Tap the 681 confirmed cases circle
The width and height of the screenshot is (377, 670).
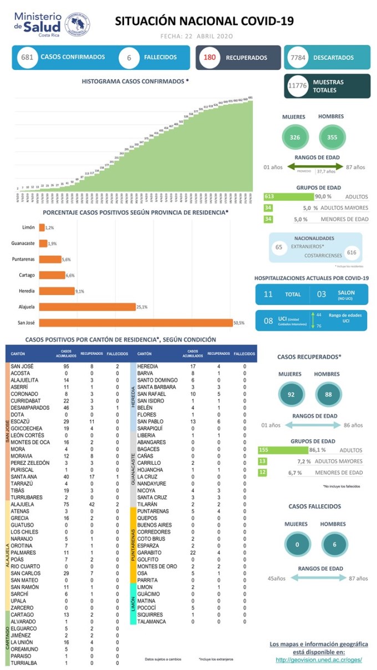27,57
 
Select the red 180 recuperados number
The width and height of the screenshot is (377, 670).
210,57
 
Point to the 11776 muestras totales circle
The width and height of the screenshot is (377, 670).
298,86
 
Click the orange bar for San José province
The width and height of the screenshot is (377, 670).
135,323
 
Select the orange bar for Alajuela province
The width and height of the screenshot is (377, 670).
87,307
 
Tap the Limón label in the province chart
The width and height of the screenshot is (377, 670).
29,227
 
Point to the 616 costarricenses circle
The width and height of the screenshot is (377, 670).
351,252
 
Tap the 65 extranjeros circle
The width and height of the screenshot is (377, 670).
279,246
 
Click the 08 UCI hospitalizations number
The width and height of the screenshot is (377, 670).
268,321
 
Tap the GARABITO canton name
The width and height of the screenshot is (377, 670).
149,552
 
